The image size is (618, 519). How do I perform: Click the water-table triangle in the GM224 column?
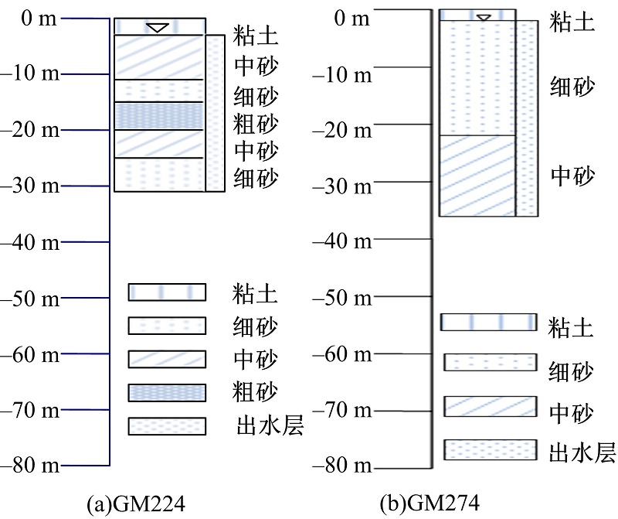158,28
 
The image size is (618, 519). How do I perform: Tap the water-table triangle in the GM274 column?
484,18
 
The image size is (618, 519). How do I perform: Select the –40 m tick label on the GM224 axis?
30,242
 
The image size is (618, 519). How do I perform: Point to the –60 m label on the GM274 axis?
342,354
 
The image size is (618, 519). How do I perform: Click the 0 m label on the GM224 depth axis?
39,19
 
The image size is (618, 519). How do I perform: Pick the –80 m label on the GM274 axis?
342,466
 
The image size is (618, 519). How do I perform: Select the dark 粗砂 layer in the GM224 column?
159,116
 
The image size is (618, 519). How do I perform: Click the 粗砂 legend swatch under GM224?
167,393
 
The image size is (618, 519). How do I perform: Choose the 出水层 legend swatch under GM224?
167,426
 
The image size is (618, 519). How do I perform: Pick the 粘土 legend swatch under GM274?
489,322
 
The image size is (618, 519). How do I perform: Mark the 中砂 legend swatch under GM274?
491,407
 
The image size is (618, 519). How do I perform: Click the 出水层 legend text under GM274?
582,452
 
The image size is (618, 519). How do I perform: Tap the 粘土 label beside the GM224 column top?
256,36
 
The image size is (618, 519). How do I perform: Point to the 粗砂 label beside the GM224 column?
256,124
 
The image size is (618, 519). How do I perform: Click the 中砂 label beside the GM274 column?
572,176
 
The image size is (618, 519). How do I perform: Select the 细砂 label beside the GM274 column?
572,87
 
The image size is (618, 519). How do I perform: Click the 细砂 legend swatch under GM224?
167,326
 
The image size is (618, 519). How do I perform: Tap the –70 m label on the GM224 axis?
30,410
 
